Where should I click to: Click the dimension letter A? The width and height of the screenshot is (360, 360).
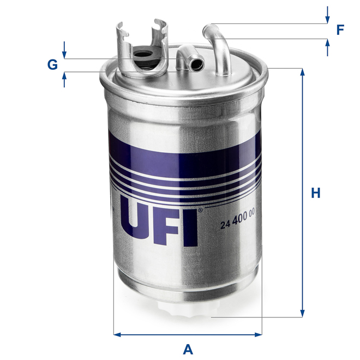pos(188,347)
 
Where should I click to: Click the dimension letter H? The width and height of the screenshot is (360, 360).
pos(315,193)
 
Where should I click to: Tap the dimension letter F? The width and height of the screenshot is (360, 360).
pos(340,30)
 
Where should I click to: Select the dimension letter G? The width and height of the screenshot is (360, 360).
pos(52,65)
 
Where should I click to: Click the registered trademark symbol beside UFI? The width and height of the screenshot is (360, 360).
pos(200,209)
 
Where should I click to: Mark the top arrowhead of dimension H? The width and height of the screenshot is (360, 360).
pos(302,72)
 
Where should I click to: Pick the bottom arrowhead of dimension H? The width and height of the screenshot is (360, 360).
pos(302,313)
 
